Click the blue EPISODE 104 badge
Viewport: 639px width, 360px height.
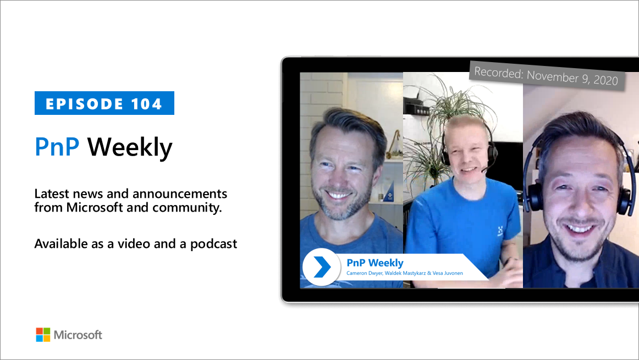104,103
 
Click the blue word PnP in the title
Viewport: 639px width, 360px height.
58,147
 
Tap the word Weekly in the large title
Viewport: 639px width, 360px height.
130,147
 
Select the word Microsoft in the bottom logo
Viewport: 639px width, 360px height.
78,335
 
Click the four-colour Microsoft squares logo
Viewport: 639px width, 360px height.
43,335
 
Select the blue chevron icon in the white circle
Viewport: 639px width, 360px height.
321,267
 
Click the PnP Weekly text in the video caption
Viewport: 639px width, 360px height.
374,263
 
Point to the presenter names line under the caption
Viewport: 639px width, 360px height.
405,273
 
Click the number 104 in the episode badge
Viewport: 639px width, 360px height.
147,104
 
